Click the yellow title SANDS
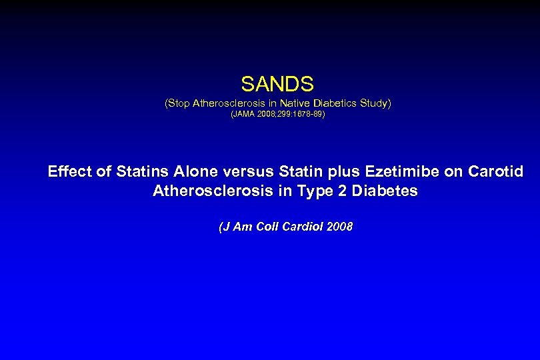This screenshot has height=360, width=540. [x=277, y=84]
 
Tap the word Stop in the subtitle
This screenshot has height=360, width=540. [x=178, y=103]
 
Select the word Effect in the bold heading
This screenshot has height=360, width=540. [x=70, y=171]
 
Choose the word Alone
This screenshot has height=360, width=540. [x=195, y=171]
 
